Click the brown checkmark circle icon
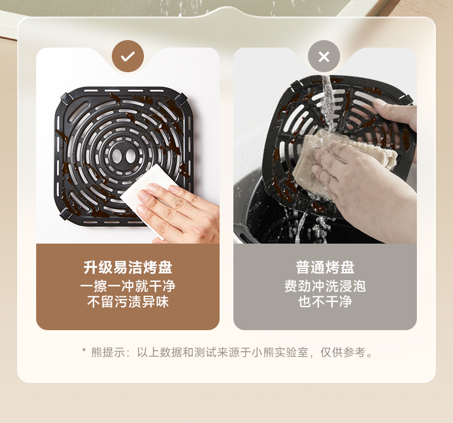point(128,56)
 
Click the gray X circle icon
point(324,56)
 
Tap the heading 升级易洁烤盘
point(128,267)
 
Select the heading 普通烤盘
point(325,267)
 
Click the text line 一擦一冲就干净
point(128,286)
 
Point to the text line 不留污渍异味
point(128,301)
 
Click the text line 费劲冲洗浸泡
point(325,286)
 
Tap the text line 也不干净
point(325,301)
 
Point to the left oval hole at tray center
point(117,156)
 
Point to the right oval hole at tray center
point(130,156)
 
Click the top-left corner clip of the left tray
point(66,98)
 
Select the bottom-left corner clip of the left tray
point(65,214)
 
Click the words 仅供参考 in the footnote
point(343,352)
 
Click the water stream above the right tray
point(328,101)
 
